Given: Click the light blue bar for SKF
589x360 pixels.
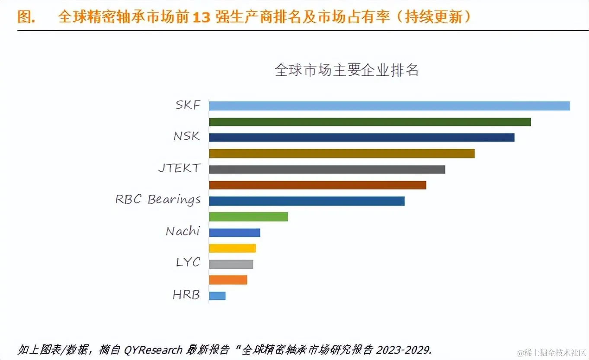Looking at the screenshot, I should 389,106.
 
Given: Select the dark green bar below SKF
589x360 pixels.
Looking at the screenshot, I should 370,122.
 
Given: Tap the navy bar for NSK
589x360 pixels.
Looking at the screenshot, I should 362,138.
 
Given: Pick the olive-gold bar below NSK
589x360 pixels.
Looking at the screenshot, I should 342,154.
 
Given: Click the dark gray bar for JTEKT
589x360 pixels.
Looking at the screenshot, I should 327,169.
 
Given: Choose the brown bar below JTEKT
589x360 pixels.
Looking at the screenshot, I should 317,185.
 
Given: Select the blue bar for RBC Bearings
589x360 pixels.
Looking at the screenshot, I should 307,201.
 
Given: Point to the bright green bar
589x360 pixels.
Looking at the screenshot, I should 248,217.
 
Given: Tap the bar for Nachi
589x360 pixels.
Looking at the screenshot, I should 234,232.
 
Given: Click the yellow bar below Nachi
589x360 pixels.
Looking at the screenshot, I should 232,248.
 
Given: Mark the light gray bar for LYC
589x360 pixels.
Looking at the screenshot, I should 231,264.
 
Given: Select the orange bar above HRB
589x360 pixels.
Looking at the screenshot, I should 228,280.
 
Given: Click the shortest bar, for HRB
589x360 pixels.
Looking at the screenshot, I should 217,296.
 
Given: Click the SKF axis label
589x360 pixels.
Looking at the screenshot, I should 188,105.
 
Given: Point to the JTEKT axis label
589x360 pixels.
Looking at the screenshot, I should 179,168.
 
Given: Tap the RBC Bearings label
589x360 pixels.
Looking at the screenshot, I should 158,200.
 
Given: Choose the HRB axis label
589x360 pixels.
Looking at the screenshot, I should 186,295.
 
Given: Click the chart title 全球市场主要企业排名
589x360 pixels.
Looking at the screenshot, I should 346,70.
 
